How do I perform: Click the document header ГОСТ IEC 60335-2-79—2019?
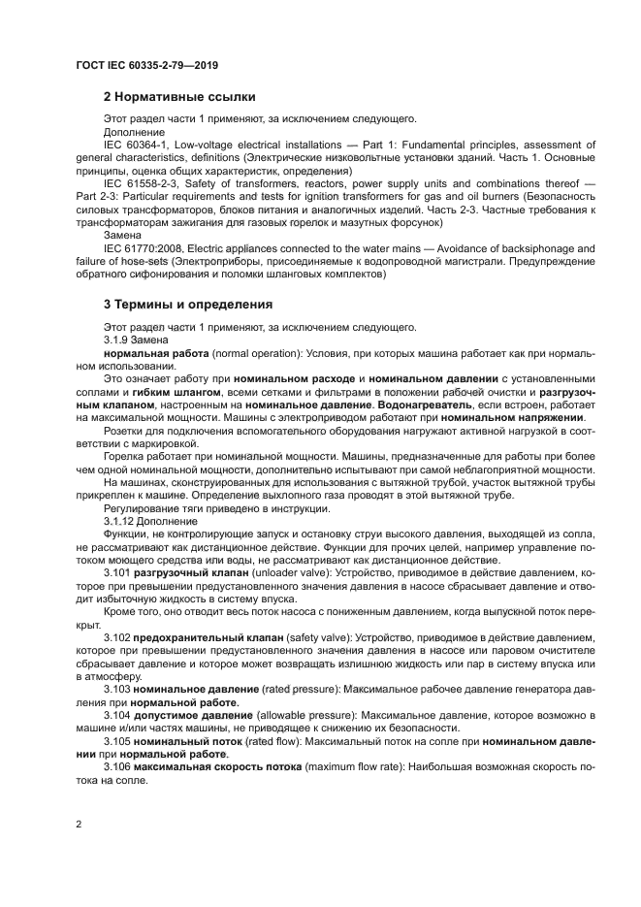pos(146,65)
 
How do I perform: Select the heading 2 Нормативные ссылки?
pos(179,97)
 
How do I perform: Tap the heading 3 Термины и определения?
pos(188,304)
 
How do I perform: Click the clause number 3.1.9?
pos(117,340)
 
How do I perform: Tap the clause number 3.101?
pos(116,572)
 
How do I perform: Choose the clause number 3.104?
pos(116,714)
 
